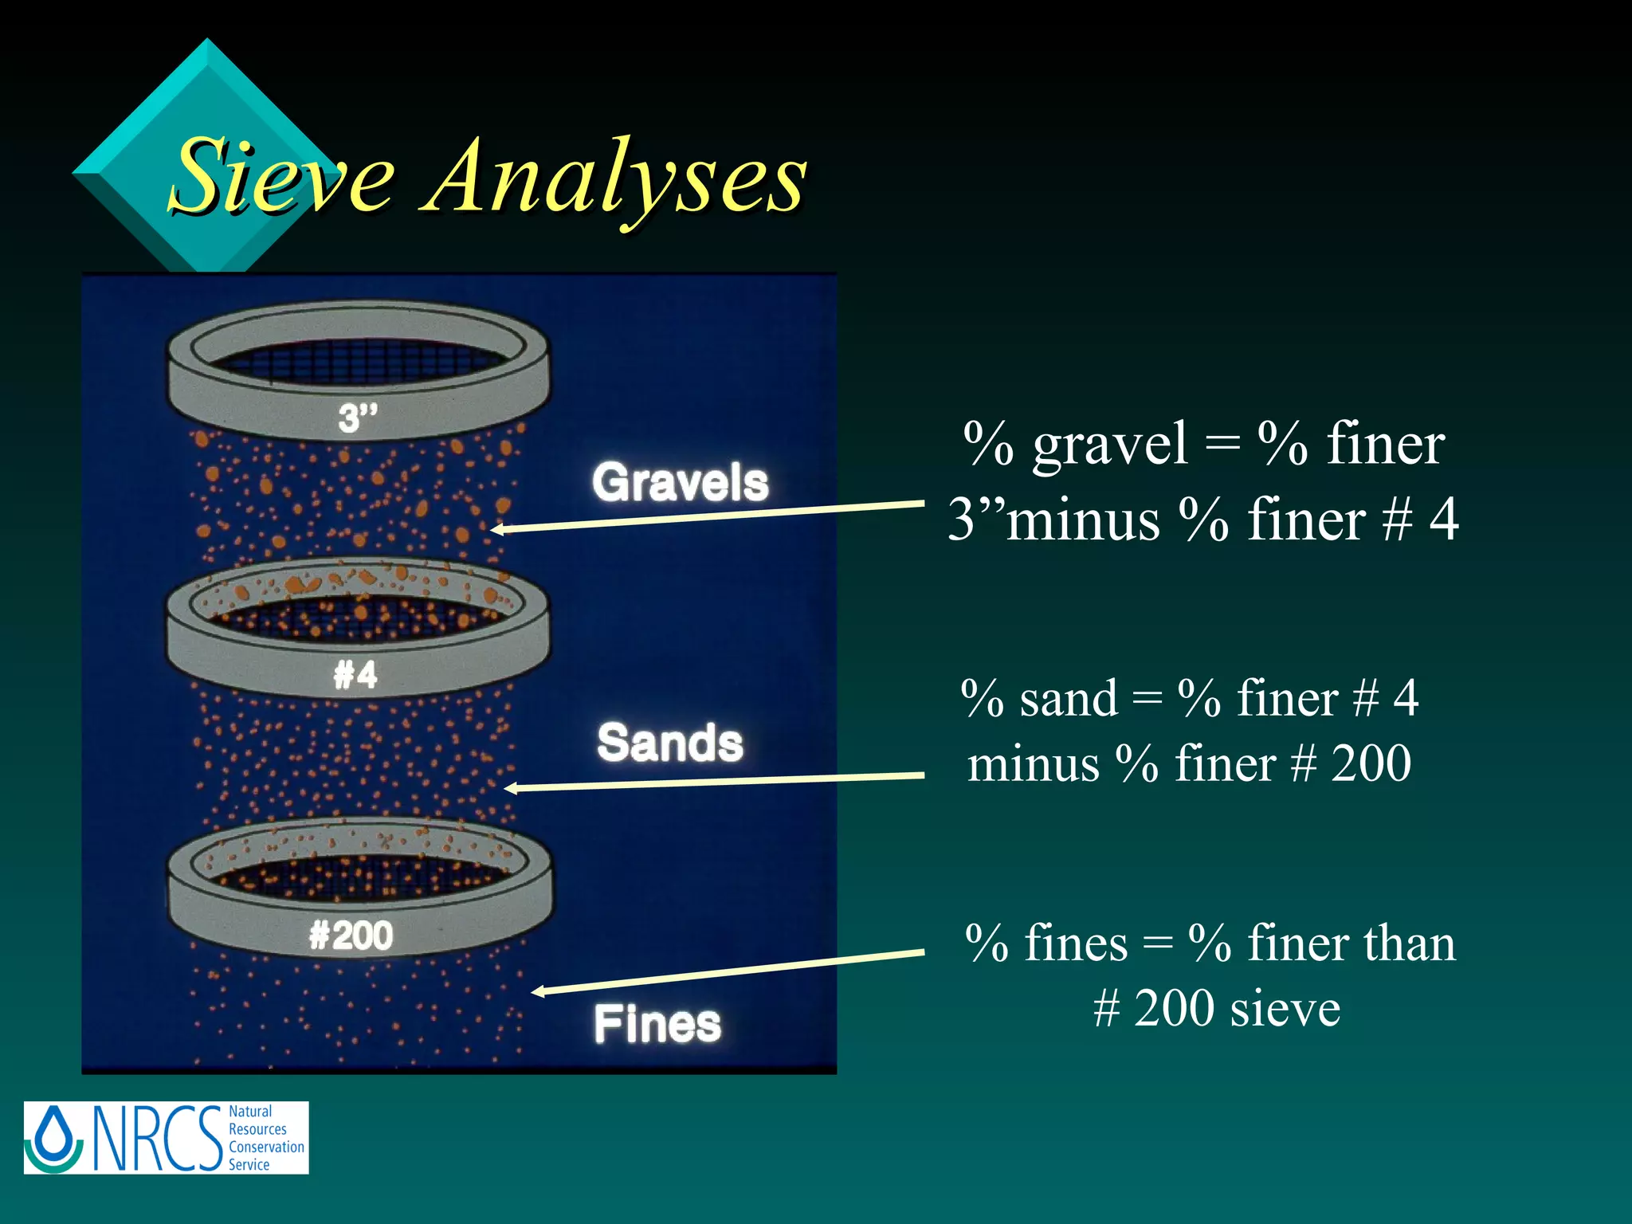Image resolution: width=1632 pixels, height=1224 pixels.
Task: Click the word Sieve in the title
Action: pyautogui.click(x=283, y=177)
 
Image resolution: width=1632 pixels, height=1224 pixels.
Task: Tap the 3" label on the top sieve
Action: pyautogui.click(x=357, y=418)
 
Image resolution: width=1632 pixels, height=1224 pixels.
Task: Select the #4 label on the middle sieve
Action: pyautogui.click(x=355, y=675)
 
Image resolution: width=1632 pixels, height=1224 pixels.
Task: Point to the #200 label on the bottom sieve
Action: pyautogui.click(x=351, y=936)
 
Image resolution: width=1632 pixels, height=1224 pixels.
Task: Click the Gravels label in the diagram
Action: pyautogui.click(x=680, y=482)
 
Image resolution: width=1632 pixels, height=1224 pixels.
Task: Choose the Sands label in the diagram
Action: pyautogui.click(x=670, y=743)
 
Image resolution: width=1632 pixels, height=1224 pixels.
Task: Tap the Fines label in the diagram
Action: pyautogui.click(x=657, y=1024)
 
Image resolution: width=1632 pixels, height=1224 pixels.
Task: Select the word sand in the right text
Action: pyautogui.click(x=1069, y=699)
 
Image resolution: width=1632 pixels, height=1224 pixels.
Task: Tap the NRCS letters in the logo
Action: pyautogui.click(x=157, y=1138)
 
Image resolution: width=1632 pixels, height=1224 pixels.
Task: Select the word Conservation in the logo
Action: pyautogui.click(x=266, y=1147)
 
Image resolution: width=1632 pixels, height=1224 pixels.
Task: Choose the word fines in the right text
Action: pyautogui.click(x=1076, y=943)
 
